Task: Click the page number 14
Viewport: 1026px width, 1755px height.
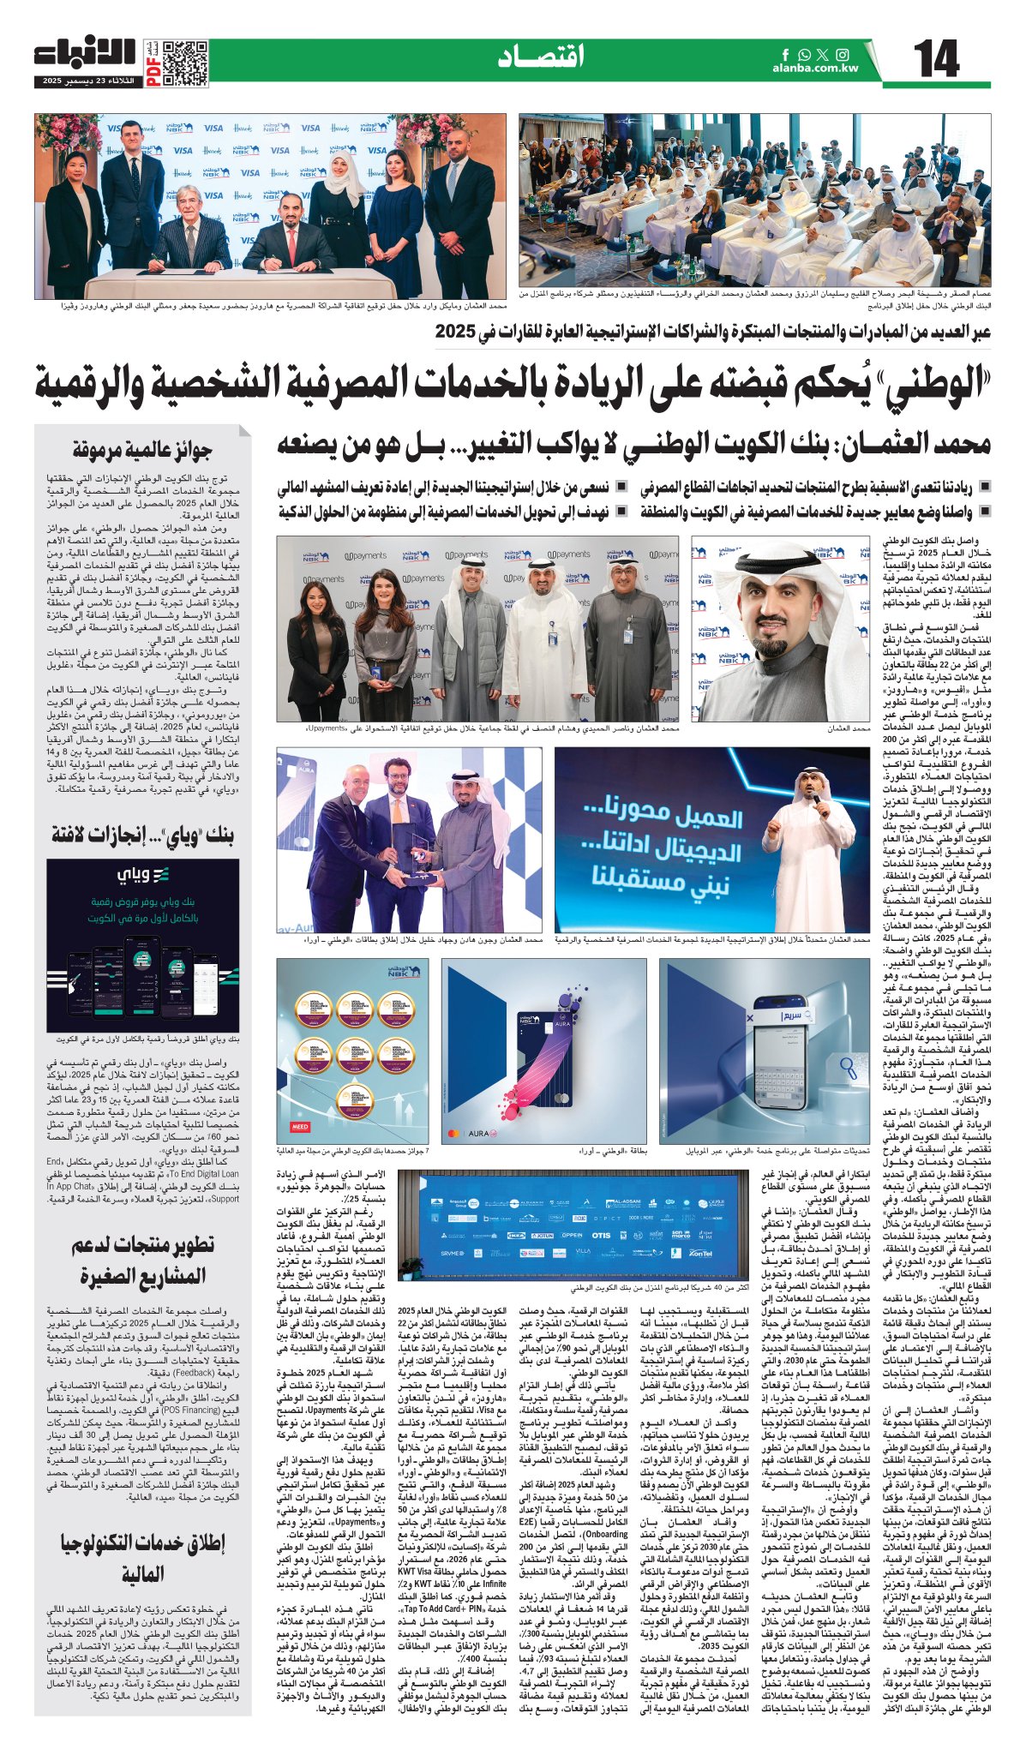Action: coord(936,61)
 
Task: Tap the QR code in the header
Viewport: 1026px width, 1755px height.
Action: coord(185,62)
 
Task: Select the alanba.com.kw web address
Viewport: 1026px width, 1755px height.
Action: coord(814,69)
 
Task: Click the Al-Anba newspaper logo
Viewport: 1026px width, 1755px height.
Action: coord(85,53)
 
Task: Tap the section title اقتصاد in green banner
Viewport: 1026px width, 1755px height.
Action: coord(541,57)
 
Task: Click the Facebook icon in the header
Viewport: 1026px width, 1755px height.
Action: coord(786,54)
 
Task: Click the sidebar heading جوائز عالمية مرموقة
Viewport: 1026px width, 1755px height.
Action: coord(141,449)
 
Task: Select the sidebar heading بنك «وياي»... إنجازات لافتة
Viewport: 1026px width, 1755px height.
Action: coord(141,834)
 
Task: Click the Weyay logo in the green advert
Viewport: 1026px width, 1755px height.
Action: coord(143,874)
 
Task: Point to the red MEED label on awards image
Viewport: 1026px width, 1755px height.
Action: coord(301,1127)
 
